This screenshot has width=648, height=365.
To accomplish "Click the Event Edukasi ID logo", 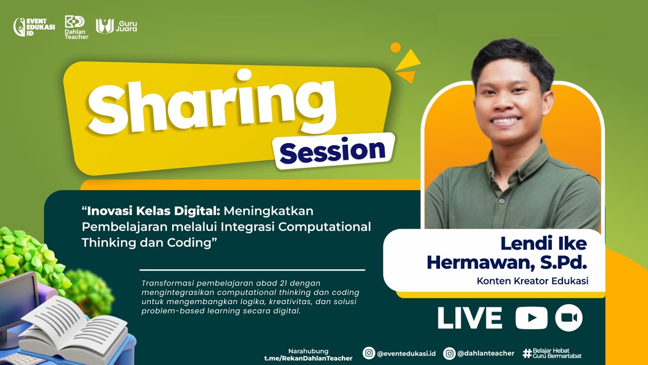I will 34,27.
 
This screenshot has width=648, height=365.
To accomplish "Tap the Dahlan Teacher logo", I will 76,27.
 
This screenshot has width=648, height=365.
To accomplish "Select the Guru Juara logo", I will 116,26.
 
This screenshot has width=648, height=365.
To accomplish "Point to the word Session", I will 333,151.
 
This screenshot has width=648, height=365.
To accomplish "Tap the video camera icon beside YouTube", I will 569,318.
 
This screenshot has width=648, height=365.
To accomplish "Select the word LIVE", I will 470,318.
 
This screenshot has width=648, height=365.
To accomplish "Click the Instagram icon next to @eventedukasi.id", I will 369,353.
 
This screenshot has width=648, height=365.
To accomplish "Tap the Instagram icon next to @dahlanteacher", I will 449,353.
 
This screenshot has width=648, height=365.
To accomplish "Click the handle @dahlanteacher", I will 485,353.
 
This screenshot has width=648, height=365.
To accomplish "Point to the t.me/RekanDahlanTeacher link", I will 308,358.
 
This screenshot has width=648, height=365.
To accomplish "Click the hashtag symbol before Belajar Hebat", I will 527,353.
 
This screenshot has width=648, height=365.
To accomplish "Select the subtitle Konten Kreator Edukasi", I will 533,281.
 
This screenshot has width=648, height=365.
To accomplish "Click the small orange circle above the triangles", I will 395,47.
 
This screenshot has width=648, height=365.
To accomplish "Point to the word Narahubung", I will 308,351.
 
